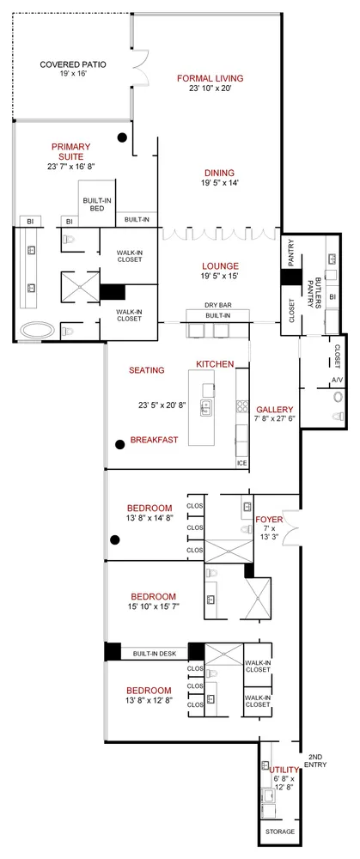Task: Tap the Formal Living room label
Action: pyautogui.click(x=210, y=78)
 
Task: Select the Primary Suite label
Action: pyautogui.click(x=70, y=151)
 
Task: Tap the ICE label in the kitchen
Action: pyautogui.click(x=241, y=463)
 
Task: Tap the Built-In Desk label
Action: pyautogui.click(x=155, y=654)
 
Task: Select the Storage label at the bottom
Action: pyautogui.click(x=279, y=832)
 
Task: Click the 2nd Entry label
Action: pyautogui.click(x=317, y=760)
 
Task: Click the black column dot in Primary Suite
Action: pyautogui.click(x=124, y=137)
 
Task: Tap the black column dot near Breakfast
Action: pyautogui.click(x=119, y=443)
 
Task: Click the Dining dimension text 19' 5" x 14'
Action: pyautogui.click(x=207, y=183)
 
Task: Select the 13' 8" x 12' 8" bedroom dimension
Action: pyautogui.click(x=149, y=703)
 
